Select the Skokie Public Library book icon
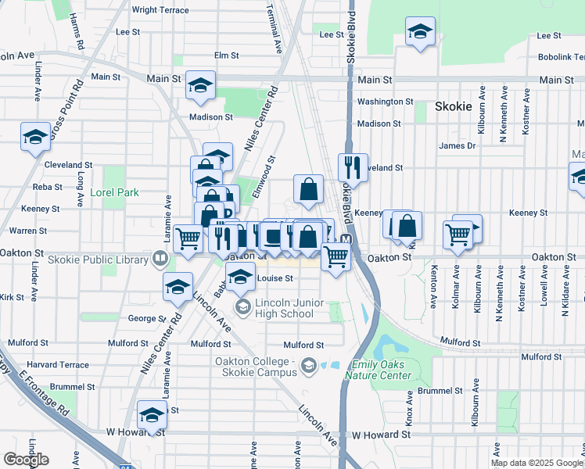coord(160,256)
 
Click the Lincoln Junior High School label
coord(284,308)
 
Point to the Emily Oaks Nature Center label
coord(382,370)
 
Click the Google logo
coord(26,460)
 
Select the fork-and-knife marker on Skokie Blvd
coord(353,167)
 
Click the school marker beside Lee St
coord(420,32)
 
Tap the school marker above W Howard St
coord(152,414)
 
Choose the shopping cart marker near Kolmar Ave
coord(458,234)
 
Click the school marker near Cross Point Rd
coord(35,138)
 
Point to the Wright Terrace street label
coord(160,10)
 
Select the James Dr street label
coord(458,145)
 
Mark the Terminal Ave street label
coord(278,30)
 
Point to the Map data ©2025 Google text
coord(536,463)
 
